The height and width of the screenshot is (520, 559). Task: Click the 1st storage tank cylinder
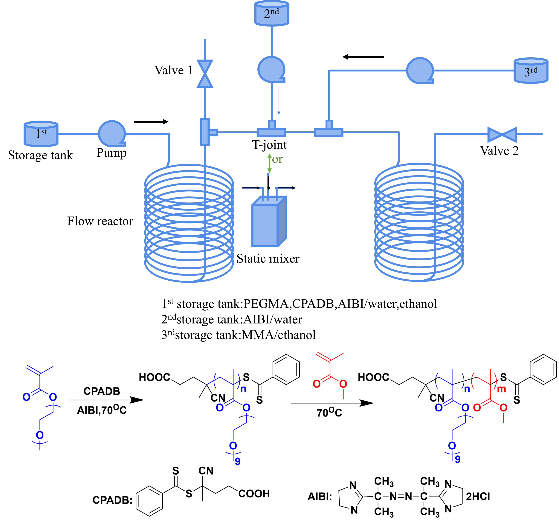(x=41, y=134)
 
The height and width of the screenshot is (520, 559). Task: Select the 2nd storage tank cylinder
(x=272, y=13)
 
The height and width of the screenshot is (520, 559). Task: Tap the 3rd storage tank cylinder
(x=531, y=70)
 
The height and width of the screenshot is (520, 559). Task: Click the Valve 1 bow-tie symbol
(x=205, y=74)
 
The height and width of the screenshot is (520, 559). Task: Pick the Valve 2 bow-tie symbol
(x=502, y=134)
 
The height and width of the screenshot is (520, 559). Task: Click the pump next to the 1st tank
(x=112, y=134)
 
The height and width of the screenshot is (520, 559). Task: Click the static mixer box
(x=269, y=221)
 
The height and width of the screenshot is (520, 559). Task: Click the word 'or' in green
(x=277, y=159)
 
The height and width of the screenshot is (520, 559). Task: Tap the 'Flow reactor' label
(x=100, y=221)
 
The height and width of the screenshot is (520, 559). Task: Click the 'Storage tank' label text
(x=40, y=155)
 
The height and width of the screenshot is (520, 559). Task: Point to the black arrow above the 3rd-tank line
(x=363, y=57)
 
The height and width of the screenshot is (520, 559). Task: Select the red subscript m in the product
(x=501, y=389)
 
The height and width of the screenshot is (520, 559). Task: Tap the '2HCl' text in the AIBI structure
(x=478, y=497)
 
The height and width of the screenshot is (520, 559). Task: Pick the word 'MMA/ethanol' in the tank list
(x=279, y=335)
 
